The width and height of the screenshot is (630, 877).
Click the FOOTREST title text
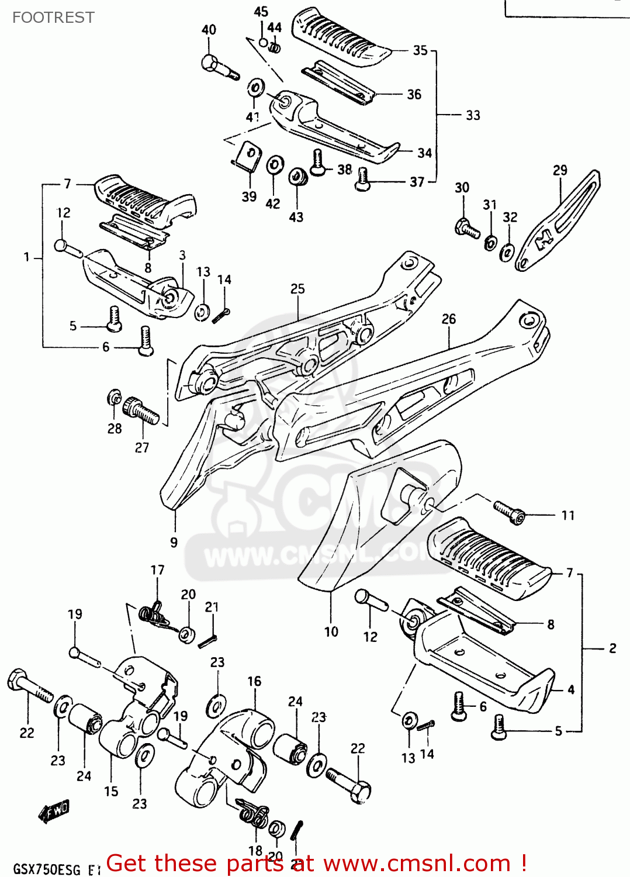pyautogui.click(x=53, y=18)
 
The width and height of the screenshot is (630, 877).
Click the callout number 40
pyautogui.click(x=209, y=30)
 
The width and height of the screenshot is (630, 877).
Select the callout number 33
pyautogui.click(x=473, y=115)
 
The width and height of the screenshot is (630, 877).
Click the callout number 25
pyautogui.click(x=297, y=289)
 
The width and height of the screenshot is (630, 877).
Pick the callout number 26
pyautogui.click(x=448, y=319)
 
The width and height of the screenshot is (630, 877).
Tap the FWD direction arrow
pyautogui.click(x=54, y=812)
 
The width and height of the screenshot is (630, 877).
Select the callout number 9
pyautogui.click(x=174, y=543)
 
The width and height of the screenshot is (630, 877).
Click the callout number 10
pyautogui.click(x=331, y=631)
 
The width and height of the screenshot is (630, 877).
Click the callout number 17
pyautogui.click(x=157, y=570)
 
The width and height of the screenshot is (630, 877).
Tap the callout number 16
pyautogui.click(x=254, y=681)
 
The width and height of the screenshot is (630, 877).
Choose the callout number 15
pyautogui.click(x=111, y=792)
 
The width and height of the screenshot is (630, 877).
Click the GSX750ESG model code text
pyautogui.click(x=47, y=869)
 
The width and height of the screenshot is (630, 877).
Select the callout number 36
pyautogui.click(x=414, y=95)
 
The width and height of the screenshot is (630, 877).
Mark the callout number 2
pyautogui.click(x=612, y=648)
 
